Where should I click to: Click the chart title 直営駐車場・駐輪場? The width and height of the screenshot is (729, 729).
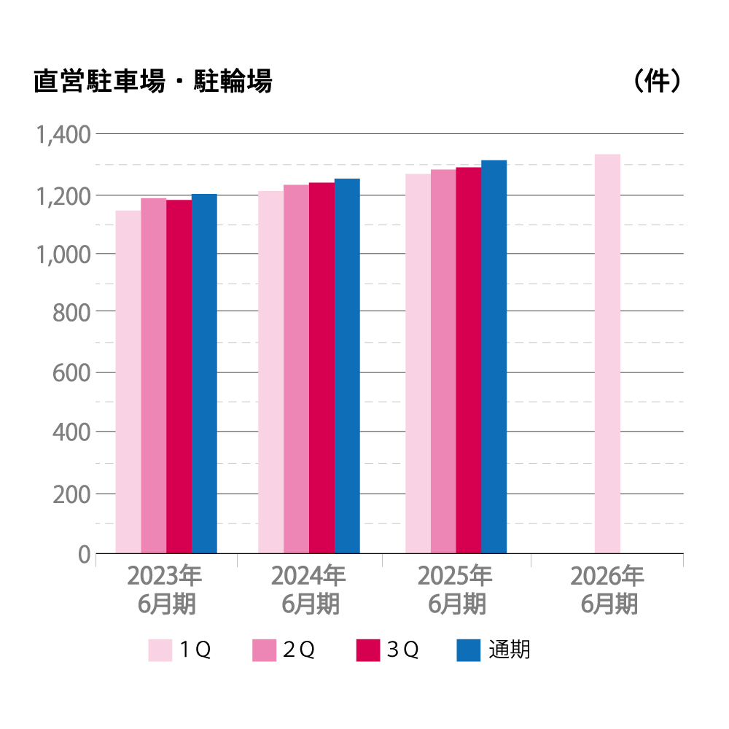(152, 82)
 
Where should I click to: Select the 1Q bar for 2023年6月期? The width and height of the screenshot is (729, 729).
(128, 382)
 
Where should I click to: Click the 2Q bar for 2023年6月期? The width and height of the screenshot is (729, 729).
(154, 375)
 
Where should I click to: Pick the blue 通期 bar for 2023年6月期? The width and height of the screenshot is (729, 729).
(204, 373)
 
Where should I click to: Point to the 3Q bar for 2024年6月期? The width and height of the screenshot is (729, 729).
(321, 367)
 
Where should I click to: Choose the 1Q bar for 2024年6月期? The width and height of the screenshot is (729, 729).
(270, 372)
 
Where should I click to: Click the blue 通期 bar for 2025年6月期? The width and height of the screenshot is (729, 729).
(494, 356)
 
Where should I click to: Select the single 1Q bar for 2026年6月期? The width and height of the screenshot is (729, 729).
(607, 354)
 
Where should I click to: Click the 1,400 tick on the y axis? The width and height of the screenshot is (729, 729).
(63, 135)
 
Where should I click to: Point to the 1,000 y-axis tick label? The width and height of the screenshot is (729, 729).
(63, 254)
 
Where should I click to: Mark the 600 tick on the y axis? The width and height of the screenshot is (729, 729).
(71, 373)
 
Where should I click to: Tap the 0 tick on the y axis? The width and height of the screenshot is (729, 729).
(83, 555)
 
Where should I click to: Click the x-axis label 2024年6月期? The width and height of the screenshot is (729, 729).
(309, 590)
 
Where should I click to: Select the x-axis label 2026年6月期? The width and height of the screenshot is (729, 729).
(608, 590)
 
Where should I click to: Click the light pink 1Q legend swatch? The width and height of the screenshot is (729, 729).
(160, 650)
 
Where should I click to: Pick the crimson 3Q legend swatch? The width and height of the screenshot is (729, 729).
(368, 650)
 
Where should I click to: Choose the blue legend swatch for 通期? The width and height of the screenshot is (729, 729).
(469, 650)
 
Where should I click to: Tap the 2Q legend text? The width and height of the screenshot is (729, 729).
(299, 650)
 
